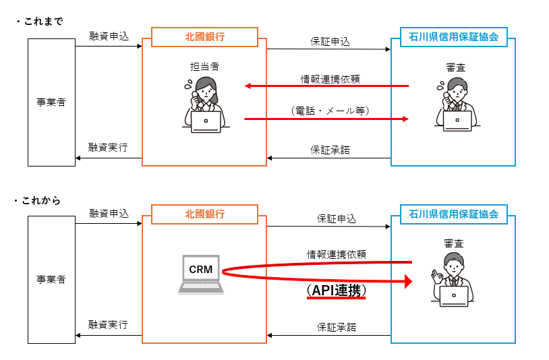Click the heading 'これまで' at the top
[x=42, y=21]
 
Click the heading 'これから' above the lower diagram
[x=41, y=200]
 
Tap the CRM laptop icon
[x=201, y=274]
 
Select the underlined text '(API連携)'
[x=336, y=290]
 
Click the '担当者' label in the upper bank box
[x=204, y=67]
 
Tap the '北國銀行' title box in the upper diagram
[x=204, y=37]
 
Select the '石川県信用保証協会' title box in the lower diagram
[x=453, y=214]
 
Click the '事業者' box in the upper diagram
[x=51, y=102]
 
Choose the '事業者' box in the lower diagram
[x=51, y=279]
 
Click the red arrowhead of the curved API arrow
[x=408, y=280]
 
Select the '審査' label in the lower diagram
[x=454, y=243]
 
